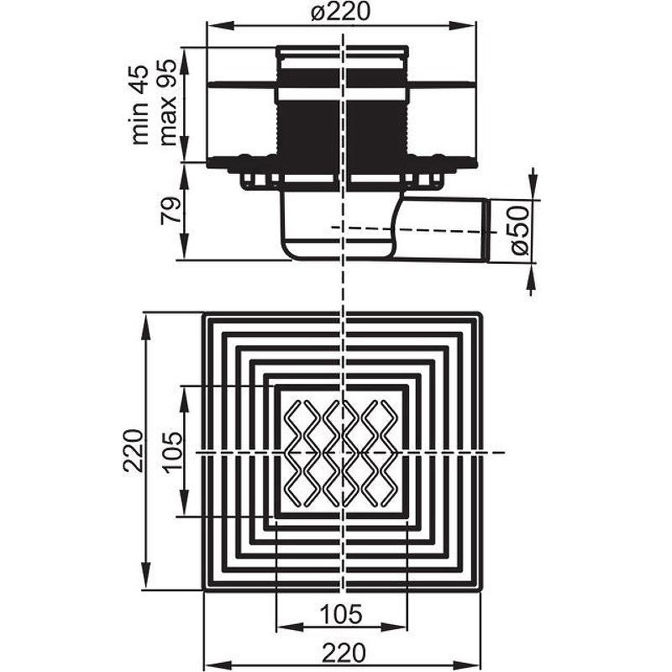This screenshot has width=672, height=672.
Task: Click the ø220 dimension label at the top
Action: [x=341, y=12]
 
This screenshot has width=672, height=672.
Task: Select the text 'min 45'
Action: [x=140, y=104]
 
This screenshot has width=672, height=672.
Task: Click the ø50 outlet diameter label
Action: [x=519, y=230]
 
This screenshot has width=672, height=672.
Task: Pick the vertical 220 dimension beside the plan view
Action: [x=133, y=450]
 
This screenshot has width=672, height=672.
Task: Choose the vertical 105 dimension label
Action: [x=173, y=452]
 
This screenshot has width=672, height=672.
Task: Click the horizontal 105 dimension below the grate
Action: [x=342, y=614]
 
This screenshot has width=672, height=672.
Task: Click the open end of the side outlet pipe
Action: [x=488, y=229]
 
